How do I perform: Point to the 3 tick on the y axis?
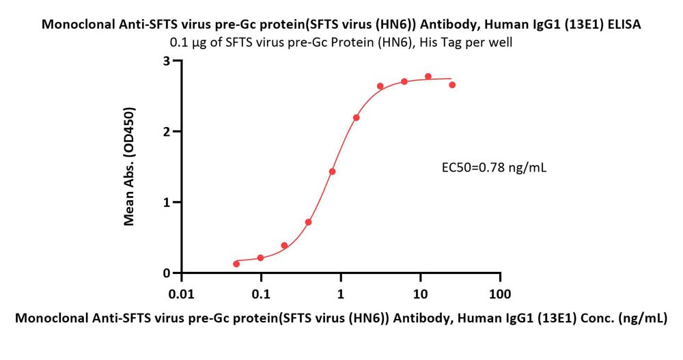167,61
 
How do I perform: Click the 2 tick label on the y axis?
167,131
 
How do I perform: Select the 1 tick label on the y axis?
167,202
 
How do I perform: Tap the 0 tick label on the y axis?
167,273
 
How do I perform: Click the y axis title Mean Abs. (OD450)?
129,167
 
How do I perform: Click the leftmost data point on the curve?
236,264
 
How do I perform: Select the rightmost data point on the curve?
452,85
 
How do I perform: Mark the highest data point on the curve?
428,77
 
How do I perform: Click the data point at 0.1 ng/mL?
261,258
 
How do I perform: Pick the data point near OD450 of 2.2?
357,117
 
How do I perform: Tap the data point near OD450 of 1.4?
333,171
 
